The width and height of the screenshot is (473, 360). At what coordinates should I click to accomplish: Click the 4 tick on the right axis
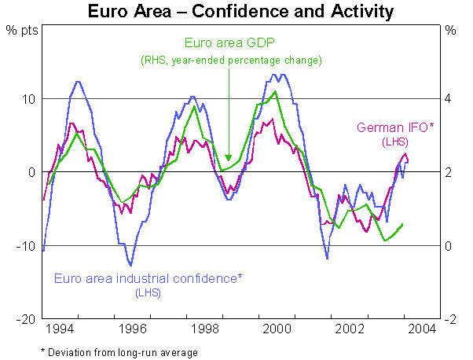pyautogui.click(x=449, y=98)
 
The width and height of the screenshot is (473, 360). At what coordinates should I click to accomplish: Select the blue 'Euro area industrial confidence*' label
pyautogui.click(x=148, y=277)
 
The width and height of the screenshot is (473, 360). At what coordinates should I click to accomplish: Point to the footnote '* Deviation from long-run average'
pyautogui.click(x=119, y=352)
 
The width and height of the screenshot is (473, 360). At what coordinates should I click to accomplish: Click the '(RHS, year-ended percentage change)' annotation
pyautogui.click(x=232, y=60)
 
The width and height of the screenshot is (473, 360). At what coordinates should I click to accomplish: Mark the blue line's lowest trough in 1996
pyautogui.click(x=130, y=265)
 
